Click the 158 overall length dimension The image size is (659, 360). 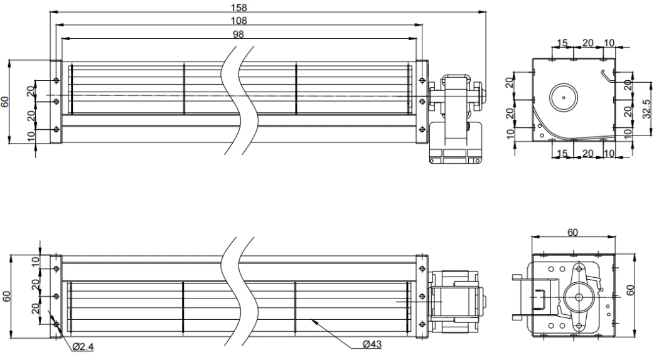point(238,8)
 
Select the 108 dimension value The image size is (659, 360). point(238,21)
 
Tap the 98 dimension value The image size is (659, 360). point(238,34)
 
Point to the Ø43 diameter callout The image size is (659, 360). point(372,344)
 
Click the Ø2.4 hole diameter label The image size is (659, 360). point(83,347)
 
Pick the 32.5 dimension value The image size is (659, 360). point(647,109)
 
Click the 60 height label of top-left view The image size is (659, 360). point(5,102)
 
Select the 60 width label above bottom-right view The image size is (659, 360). point(572,232)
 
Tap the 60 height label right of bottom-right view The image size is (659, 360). point(630,290)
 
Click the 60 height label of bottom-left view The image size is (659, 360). point(6,296)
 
